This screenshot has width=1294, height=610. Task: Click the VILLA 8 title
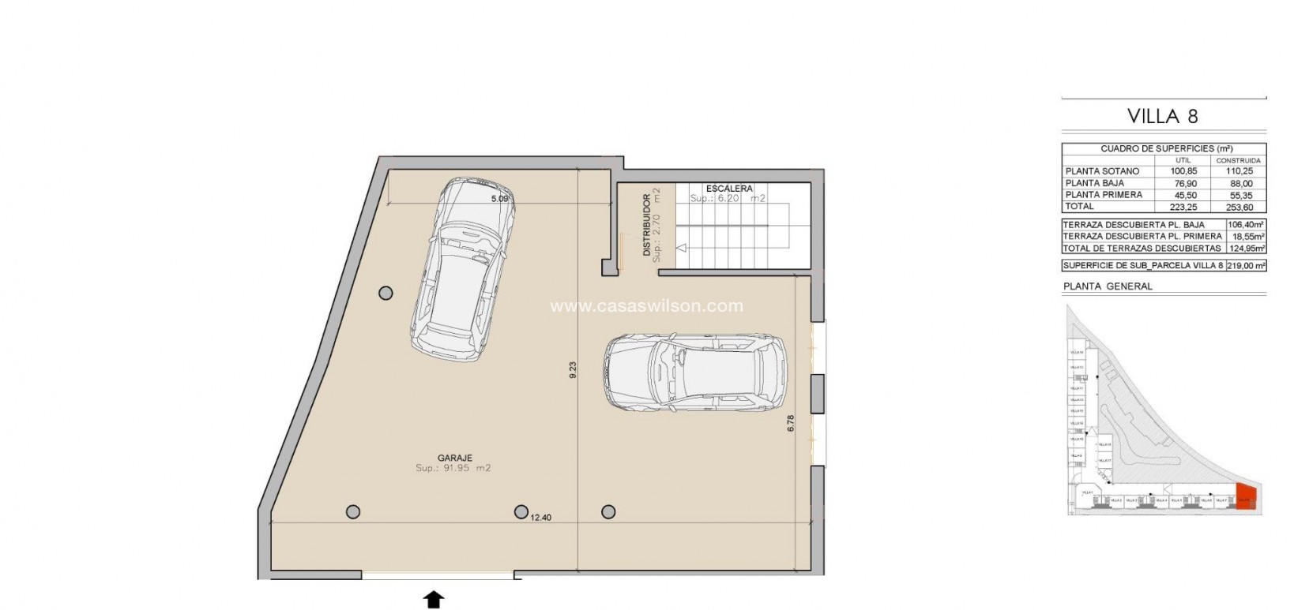(x=1162, y=117)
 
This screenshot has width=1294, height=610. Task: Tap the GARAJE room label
(x=454, y=458)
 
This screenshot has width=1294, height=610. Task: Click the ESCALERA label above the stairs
(x=729, y=189)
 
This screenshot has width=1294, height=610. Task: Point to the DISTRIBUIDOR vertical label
(x=646, y=225)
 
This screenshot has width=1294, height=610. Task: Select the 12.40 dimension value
(x=540, y=518)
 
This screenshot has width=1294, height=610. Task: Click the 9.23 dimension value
(x=573, y=370)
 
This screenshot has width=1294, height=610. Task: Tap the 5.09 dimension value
(x=499, y=199)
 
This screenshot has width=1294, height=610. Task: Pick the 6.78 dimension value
(x=791, y=423)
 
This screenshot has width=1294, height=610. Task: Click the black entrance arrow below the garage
(x=434, y=600)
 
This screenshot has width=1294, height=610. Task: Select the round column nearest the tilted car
(x=386, y=294)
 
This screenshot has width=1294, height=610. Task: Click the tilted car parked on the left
(x=463, y=267)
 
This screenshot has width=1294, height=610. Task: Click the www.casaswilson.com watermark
(x=646, y=306)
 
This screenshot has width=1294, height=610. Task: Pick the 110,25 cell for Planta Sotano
(x=1238, y=171)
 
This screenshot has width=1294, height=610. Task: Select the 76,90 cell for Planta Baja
(x=1183, y=183)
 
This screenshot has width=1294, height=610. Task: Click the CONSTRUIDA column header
(x=1238, y=160)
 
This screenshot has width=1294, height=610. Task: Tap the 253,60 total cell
(x=1238, y=207)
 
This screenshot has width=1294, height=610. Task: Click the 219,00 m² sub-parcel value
(x=1246, y=266)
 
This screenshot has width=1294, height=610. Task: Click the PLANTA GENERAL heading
(x=1108, y=286)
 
